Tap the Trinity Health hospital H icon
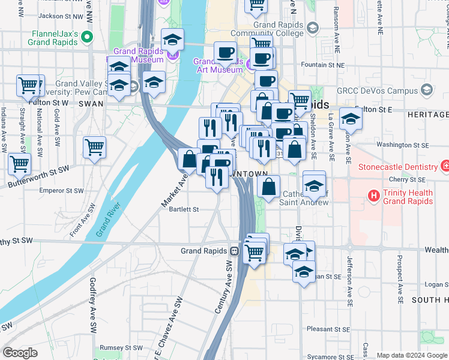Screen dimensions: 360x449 [x=374, y=196]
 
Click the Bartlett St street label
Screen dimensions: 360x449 [x=184, y=209]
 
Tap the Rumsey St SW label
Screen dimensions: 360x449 [x=120, y=347]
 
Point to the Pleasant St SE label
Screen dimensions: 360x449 [x=328, y=329]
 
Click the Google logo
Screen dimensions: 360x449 [x=20, y=353]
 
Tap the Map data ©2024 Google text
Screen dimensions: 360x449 [x=412, y=355]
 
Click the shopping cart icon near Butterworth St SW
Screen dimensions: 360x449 [x=19, y=163]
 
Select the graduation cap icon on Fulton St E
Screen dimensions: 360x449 [x=351, y=119]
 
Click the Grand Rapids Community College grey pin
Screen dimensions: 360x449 [x=312, y=28]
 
